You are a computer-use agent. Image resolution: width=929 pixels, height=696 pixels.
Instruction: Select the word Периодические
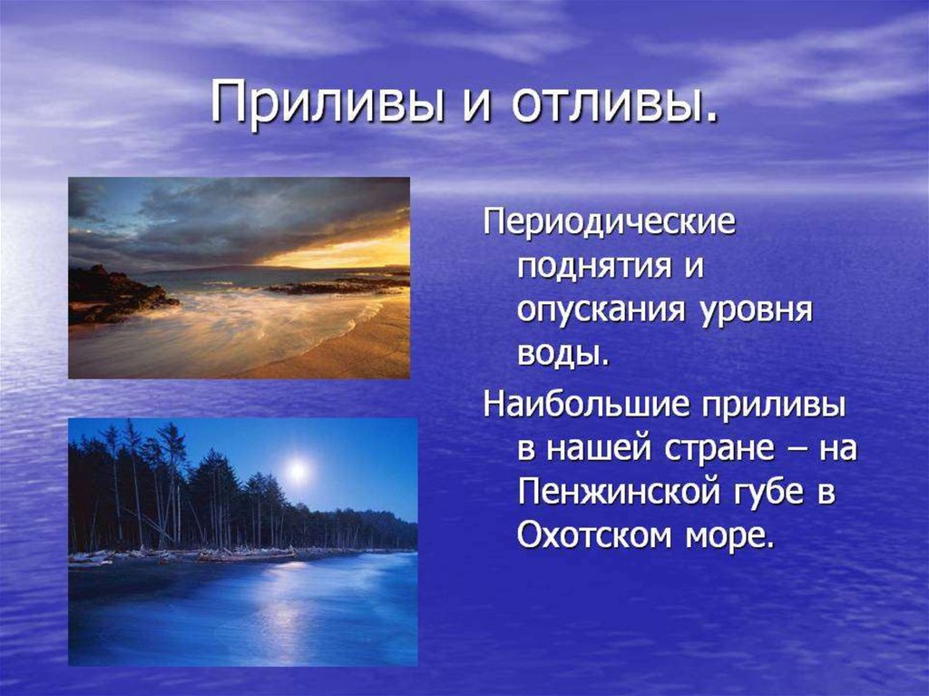[610, 224]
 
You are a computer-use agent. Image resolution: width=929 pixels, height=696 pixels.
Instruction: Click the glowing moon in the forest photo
[298, 471]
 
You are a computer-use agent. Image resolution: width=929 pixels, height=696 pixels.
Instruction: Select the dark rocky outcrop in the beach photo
[119, 294]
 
